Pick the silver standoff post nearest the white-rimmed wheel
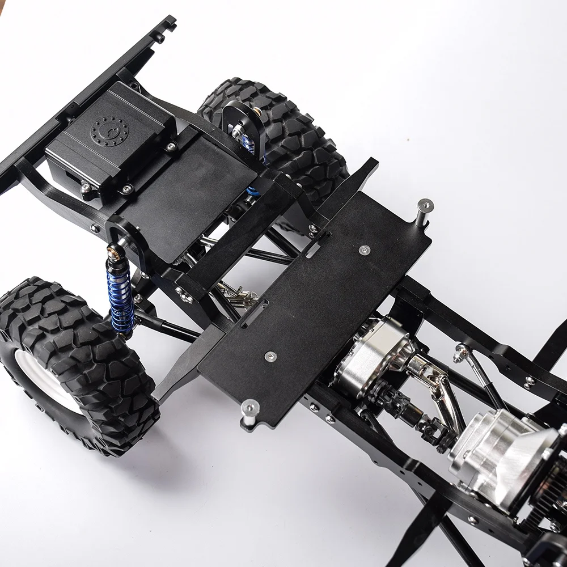point(249,411)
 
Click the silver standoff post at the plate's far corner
point(424,211)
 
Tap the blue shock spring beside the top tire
point(248,145)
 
